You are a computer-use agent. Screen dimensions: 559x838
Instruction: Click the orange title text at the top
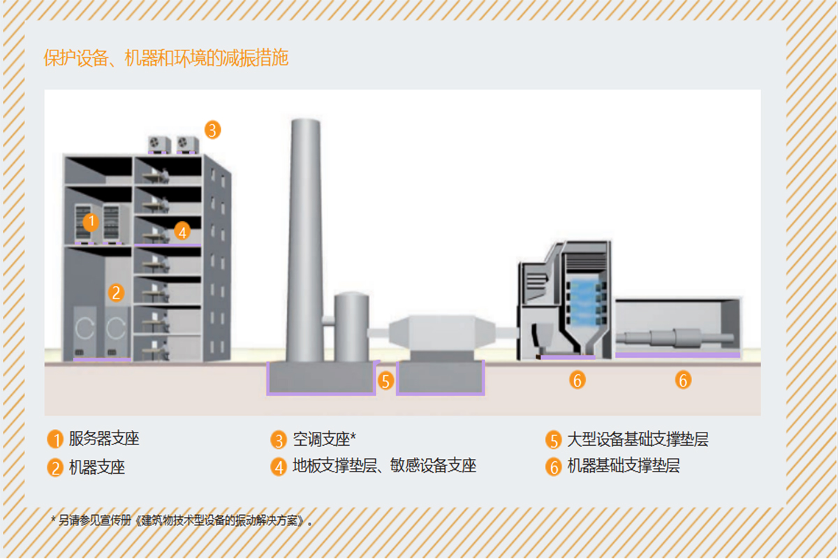pyautogui.click(x=166, y=59)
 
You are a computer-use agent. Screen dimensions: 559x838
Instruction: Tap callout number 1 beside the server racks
pyautogui.click(x=91, y=222)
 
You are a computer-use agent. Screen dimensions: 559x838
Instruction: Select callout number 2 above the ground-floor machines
pyautogui.click(x=117, y=292)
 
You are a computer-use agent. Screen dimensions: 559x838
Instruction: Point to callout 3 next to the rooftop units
pyautogui.click(x=212, y=129)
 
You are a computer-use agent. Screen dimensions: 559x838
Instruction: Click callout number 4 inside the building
pyautogui.click(x=182, y=231)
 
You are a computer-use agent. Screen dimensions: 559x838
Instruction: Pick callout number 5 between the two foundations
pyautogui.click(x=386, y=381)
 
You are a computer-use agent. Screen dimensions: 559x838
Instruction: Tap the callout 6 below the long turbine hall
pyautogui.click(x=683, y=380)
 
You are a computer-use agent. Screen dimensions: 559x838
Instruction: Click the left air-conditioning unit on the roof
pyautogui.click(x=159, y=143)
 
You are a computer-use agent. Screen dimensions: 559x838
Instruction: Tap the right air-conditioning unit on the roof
pyautogui.click(x=187, y=143)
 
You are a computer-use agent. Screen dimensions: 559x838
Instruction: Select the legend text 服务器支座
pyautogui.click(x=104, y=440)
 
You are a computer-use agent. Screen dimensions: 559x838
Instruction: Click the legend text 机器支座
pyautogui.click(x=97, y=467)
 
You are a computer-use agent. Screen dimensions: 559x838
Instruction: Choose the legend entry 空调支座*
pyautogui.click(x=324, y=440)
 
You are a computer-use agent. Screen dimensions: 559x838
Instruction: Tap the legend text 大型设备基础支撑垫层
pyautogui.click(x=638, y=440)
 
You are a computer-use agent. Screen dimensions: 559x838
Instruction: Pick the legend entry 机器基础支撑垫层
pyautogui.click(x=624, y=466)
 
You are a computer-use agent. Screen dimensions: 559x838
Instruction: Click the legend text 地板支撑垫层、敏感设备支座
pyautogui.click(x=384, y=466)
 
